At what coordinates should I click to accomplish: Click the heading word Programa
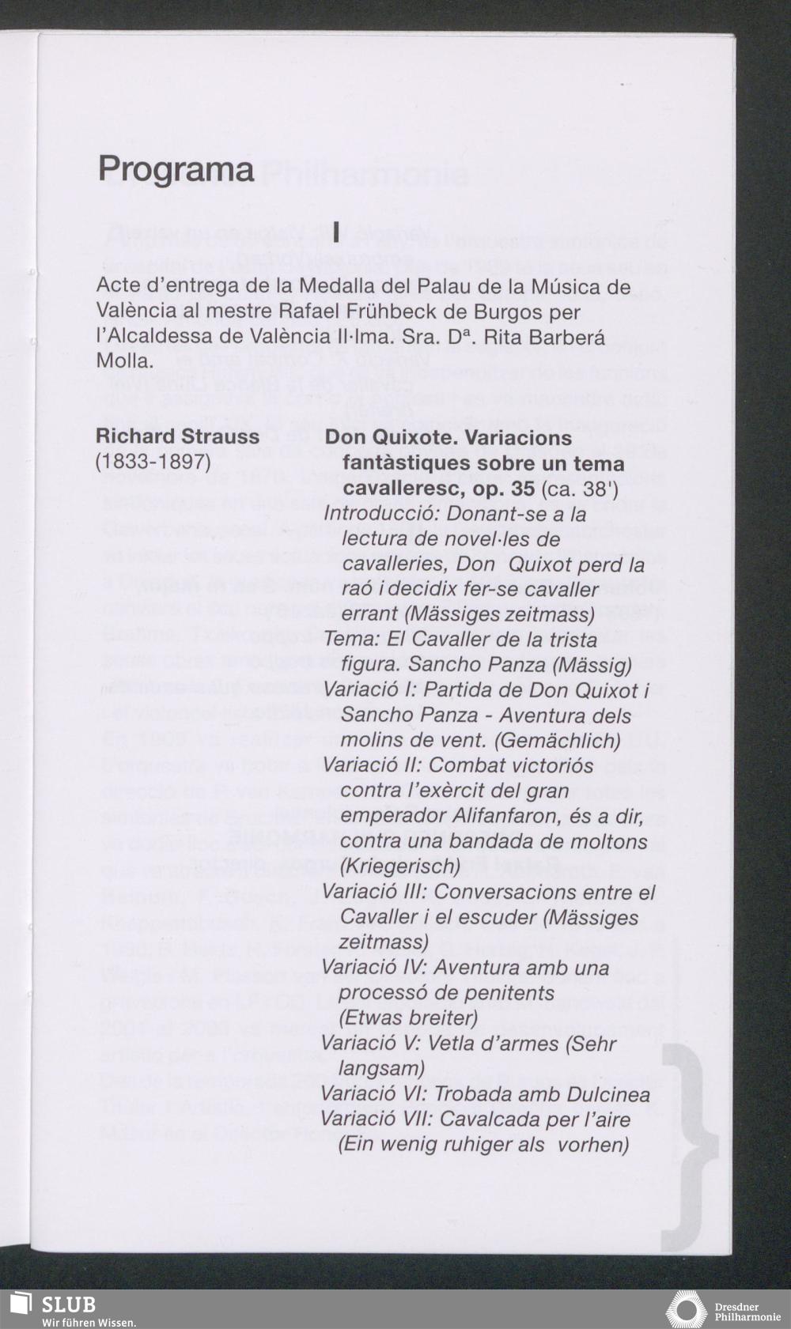coord(176,169)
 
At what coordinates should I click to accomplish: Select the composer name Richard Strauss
coord(177,436)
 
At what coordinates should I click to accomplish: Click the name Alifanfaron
coord(517,816)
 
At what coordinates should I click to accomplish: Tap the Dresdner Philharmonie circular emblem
coord(686,1309)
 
